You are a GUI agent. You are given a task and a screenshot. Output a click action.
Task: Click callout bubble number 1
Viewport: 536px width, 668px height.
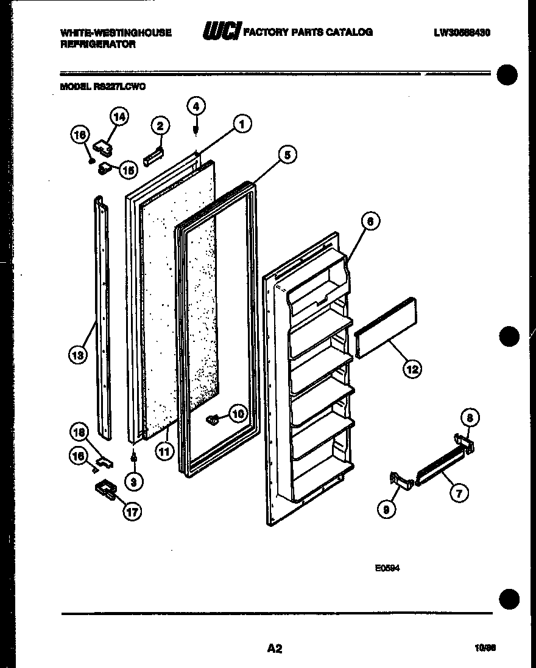pyautogui.click(x=242, y=125)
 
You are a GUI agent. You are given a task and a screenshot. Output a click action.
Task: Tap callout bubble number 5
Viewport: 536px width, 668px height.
pyautogui.click(x=287, y=155)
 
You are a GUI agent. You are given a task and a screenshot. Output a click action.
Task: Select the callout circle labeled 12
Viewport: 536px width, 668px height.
pyautogui.click(x=412, y=368)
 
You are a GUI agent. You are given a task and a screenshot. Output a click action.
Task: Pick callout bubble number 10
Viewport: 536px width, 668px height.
pyautogui.click(x=237, y=414)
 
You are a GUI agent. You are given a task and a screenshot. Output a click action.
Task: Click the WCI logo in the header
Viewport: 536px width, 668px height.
pyautogui.click(x=221, y=31)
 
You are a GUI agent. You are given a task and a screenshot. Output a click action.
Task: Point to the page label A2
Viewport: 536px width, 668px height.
pyautogui.click(x=275, y=648)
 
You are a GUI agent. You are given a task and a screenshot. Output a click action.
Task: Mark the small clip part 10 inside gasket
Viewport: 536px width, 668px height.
pyautogui.click(x=213, y=419)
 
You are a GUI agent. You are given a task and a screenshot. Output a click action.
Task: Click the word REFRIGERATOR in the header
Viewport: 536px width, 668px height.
pyautogui.click(x=97, y=44)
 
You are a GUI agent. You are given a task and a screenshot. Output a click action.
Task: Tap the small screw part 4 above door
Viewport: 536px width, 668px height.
pyautogui.click(x=196, y=130)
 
